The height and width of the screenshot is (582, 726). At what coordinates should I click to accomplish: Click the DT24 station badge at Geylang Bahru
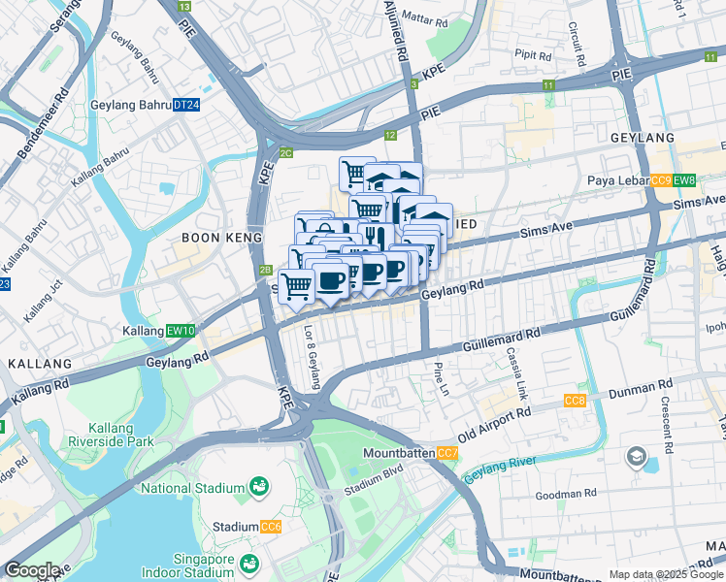[x=186, y=105]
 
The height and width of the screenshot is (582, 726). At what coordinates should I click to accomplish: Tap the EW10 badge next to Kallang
[x=181, y=331]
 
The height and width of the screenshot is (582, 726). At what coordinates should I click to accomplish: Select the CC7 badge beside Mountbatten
[x=447, y=453]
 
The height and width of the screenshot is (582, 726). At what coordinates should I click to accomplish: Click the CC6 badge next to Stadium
[x=271, y=527]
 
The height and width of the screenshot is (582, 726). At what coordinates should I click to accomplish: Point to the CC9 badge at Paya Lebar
[x=661, y=180]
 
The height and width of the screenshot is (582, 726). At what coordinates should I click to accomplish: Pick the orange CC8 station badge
[x=576, y=401]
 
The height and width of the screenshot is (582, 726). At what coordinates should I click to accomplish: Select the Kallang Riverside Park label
[x=121, y=435]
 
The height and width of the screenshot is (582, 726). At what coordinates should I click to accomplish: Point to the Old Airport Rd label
[x=495, y=422]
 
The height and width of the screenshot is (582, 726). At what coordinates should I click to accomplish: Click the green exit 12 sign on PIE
[x=390, y=136]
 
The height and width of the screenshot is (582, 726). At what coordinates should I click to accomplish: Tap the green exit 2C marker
[x=285, y=153]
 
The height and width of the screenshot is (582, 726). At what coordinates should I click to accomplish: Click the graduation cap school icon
[x=637, y=456]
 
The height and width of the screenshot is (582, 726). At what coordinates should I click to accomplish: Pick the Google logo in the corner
[x=32, y=570]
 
